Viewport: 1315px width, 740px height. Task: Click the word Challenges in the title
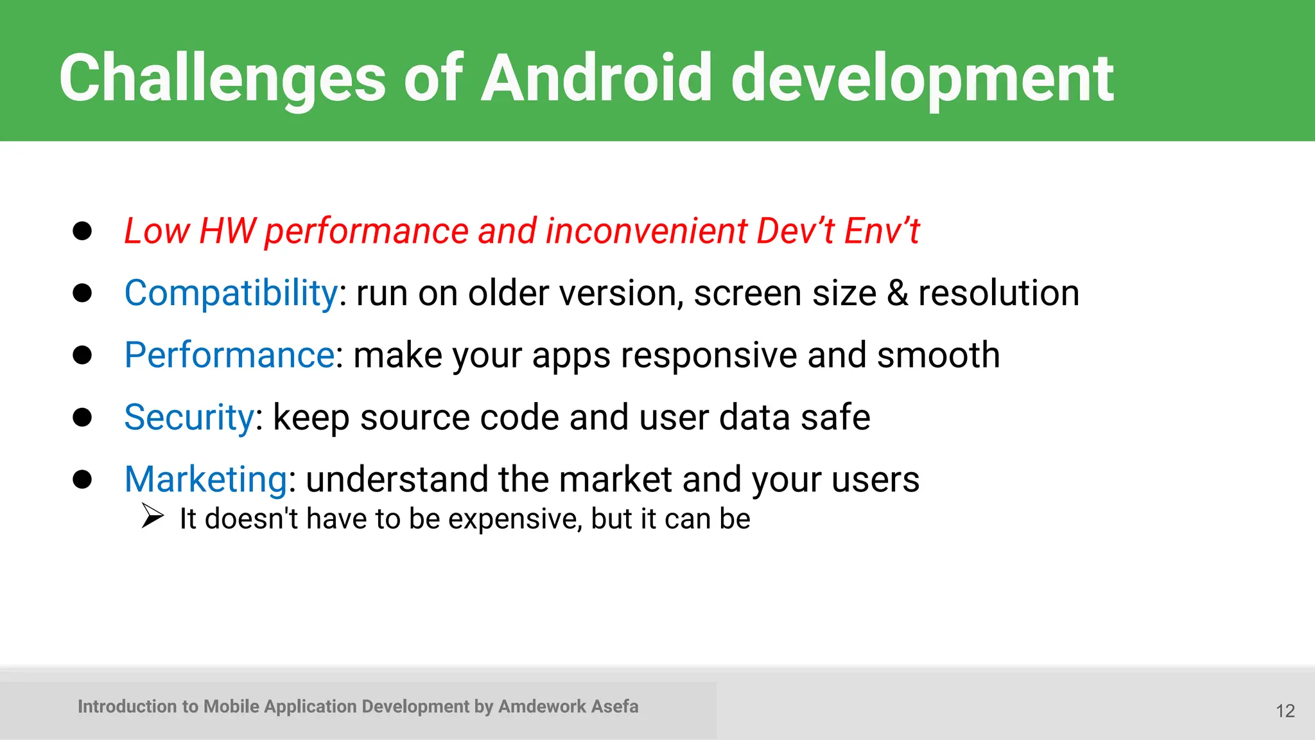(222, 78)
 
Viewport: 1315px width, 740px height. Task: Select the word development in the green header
(922, 78)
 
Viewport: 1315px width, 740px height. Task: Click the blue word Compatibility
(231, 294)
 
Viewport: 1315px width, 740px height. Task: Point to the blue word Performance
(229, 355)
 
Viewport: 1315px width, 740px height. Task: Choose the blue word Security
(189, 418)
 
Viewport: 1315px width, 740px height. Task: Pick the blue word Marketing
(206, 479)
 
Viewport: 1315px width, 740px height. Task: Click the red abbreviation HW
(227, 231)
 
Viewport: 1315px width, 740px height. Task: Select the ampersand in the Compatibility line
(897, 294)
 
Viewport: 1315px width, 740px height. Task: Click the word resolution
(998, 294)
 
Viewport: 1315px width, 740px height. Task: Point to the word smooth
(938, 355)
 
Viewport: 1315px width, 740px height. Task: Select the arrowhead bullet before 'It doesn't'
(153, 516)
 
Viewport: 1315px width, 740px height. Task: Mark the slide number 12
(1285, 711)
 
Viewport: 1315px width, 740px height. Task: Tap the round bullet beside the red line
(82, 231)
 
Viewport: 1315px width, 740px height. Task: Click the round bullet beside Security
(82, 418)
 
